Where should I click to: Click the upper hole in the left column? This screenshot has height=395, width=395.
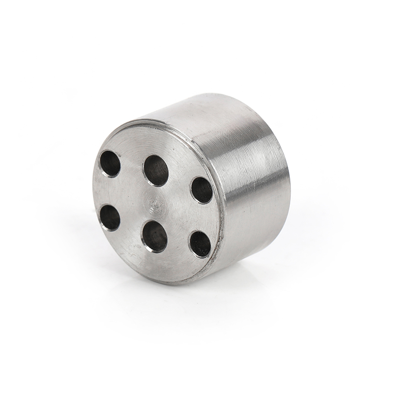[110, 164]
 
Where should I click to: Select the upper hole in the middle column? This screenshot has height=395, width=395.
[156, 170]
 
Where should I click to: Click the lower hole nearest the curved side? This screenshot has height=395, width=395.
[200, 244]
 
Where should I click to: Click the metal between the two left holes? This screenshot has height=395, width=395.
[110, 191]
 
